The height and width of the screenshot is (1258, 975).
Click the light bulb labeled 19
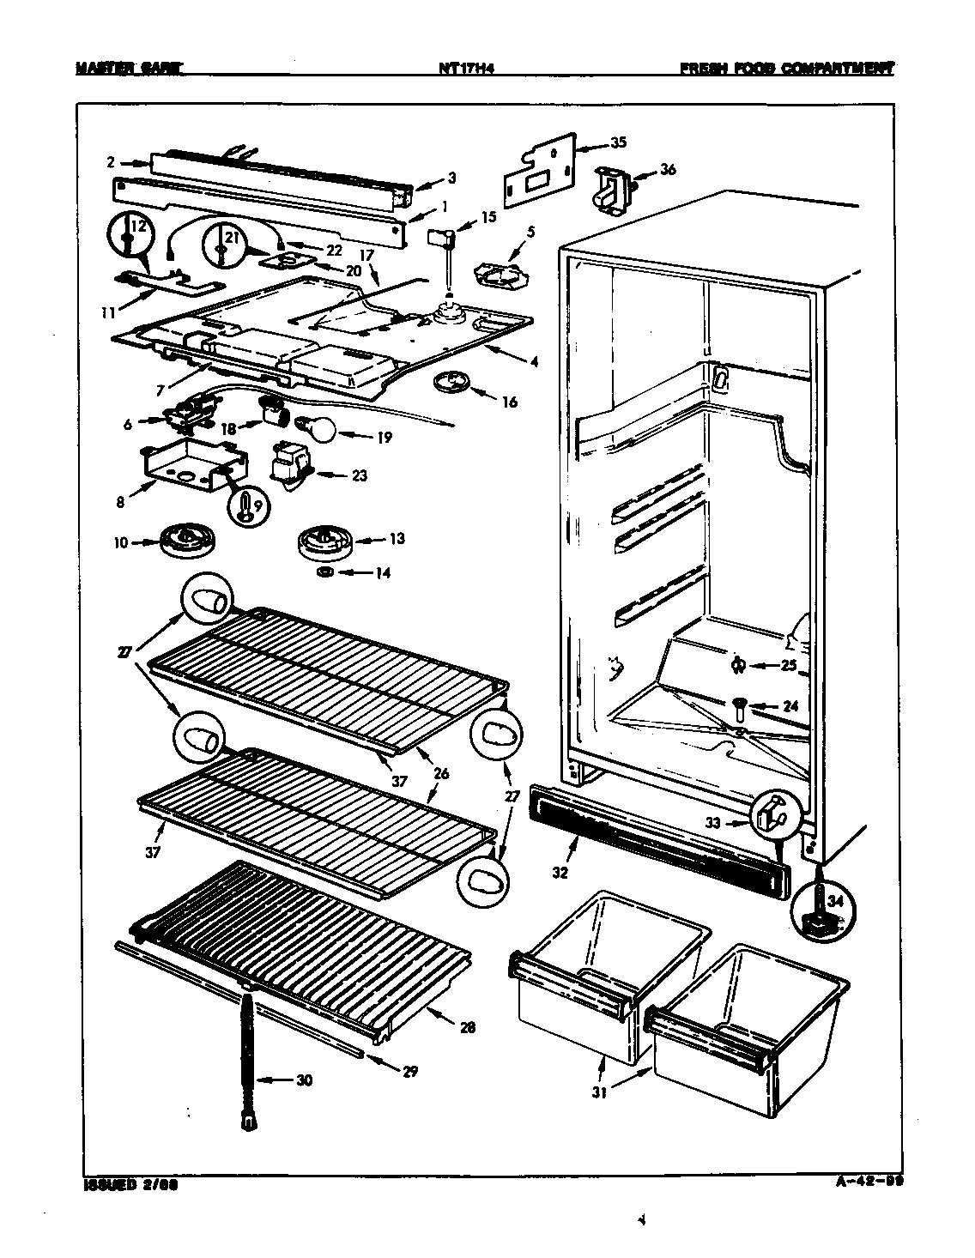click(x=313, y=426)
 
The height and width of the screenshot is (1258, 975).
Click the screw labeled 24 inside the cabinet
click(x=739, y=707)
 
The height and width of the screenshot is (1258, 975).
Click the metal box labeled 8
click(x=192, y=465)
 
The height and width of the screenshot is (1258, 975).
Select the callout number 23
click(x=358, y=475)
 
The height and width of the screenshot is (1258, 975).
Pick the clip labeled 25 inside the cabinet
click(x=738, y=665)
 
